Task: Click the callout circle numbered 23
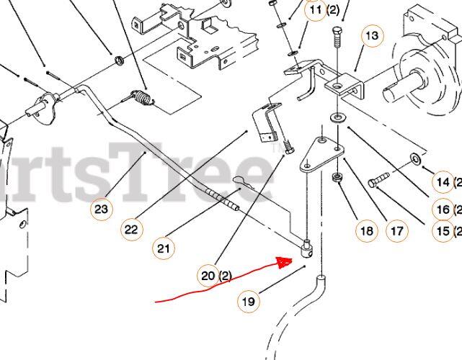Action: (102, 210)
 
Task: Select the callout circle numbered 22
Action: (131, 229)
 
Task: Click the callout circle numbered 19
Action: (248, 302)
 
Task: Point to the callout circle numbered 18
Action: (366, 231)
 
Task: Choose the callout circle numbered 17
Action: (396, 231)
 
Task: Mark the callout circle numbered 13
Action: (371, 35)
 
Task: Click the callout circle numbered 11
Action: (316, 10)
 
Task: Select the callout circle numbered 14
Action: (443, 181)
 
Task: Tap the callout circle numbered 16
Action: (443, 210)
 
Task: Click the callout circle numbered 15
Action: (443, 231)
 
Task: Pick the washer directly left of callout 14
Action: (416, 158)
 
